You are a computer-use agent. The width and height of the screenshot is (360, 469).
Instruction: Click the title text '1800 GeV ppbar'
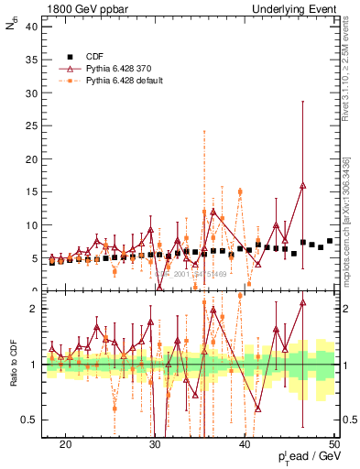pos(82,8)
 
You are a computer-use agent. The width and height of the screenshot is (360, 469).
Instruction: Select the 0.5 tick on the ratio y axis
pos(34,420)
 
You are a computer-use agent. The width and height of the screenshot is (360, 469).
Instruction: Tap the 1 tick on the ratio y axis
pos(38,365)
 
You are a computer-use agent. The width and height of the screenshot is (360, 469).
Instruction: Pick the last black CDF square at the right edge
pos(330,241)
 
